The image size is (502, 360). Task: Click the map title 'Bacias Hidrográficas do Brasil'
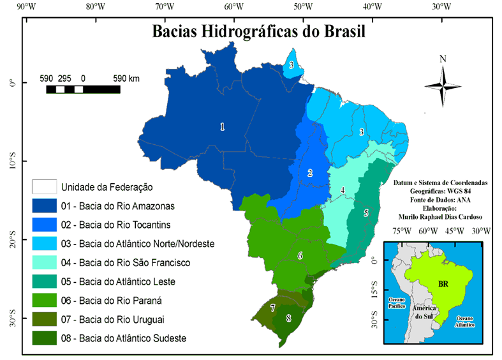tap(259, 32)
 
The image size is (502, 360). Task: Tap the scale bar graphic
tap(83, 89)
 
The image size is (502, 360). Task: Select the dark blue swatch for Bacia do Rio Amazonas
tap(43, 206)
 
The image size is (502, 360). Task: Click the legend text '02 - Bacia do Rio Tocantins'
tap(115, 225)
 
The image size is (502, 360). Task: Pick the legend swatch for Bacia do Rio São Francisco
tap(43, 262)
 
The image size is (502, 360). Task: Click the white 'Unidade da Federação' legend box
tap(43, 187)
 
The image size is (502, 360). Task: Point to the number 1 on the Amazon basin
tap(222, 127)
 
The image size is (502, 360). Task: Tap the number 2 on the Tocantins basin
tap(310, 173)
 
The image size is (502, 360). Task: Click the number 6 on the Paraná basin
tap(299, 256)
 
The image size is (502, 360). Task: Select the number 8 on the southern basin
tap(288, 318)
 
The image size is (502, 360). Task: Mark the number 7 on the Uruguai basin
tap(272, 308)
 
